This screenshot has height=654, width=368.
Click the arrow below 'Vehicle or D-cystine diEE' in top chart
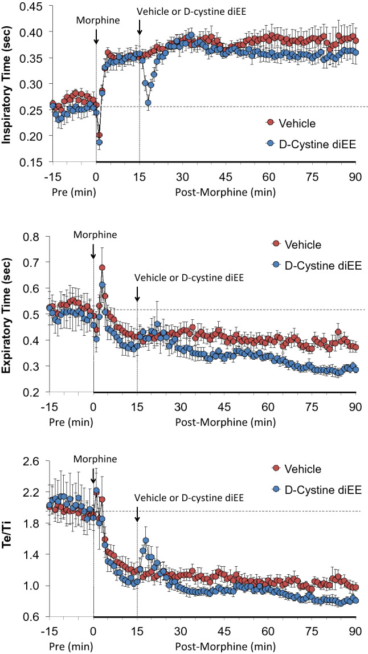140,27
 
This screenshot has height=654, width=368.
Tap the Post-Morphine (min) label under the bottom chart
224,647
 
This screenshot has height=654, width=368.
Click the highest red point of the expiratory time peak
102,267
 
